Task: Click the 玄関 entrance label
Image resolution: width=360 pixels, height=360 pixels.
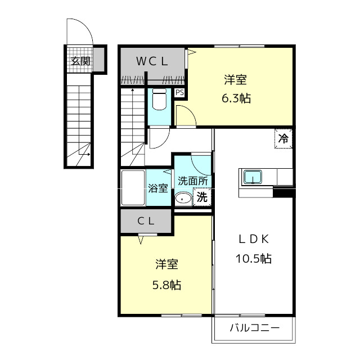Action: pyautogui.click(x=80, y=61)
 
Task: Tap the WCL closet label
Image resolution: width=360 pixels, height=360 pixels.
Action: pyautogui.click(x=152, y=61)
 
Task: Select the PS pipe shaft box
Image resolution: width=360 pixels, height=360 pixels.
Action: pyautogui.click(x=179, y=92)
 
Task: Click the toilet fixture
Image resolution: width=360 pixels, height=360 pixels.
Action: pyautogui.click(x=159, y=100)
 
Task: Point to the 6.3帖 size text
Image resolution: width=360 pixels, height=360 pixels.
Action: pyautogui.click(x=236, y=98)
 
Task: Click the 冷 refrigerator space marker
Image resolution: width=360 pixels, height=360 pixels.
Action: pyautogui.click(x=283, y=138)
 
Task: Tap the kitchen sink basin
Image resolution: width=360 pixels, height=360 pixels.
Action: pyautogui.click(x=253, y=177)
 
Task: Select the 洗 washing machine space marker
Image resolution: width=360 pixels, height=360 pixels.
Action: pyautogui.click(x=202, y=197)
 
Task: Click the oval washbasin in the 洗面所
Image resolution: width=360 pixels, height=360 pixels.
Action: pyautogui.click(x=183, y=199)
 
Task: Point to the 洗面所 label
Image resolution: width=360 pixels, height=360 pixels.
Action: pyautogui.click(x=193, y=181)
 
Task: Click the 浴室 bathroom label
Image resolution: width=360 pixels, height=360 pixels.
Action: pyautogui.click(x=158, y=188)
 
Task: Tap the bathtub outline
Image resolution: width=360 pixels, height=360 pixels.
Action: pyautogui.click(x=133, y=187)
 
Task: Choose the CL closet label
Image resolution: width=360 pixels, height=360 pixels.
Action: pyautogui.click(x=146, y=221)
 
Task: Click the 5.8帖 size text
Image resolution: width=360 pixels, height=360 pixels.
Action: pyautogui.click(x=167, y=285)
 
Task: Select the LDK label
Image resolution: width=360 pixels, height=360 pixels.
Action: pyautogui.click(x=254, y=240)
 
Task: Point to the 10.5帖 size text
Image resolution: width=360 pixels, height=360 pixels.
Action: pyautogui.click(x=254, y=259)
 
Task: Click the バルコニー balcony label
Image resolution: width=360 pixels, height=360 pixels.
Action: pyautogui.click(x=255, y=327)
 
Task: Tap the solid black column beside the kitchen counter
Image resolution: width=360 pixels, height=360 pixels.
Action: pyautogui.click(x=284, y=192)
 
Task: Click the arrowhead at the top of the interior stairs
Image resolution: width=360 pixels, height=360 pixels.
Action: pyautogui.click(x=133, y=90)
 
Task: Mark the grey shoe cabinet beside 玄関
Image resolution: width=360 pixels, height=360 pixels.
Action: pyautogui.click(x=99, y=60)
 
